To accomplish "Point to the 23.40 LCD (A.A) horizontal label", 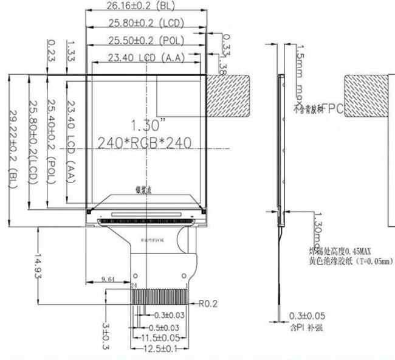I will (145, 58).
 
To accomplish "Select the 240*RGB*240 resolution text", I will (145, 144).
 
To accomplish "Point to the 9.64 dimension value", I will (109, 279).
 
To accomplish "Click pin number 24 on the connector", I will (133, 285).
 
